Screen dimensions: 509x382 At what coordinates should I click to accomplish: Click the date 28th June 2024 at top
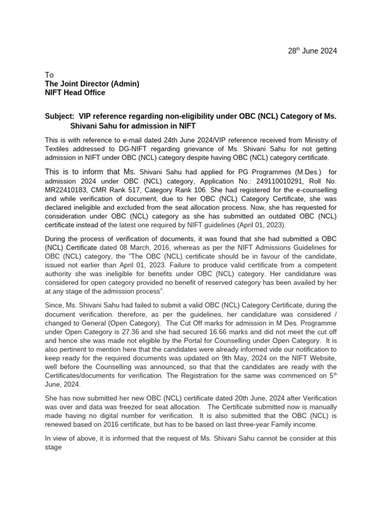(x=312, y=51)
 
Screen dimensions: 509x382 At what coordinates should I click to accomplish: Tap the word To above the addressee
(x=49, y=75)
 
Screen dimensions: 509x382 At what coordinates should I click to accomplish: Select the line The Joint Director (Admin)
(x=92, y=84)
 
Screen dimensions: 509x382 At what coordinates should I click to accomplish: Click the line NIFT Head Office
(x=75, y=92)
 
